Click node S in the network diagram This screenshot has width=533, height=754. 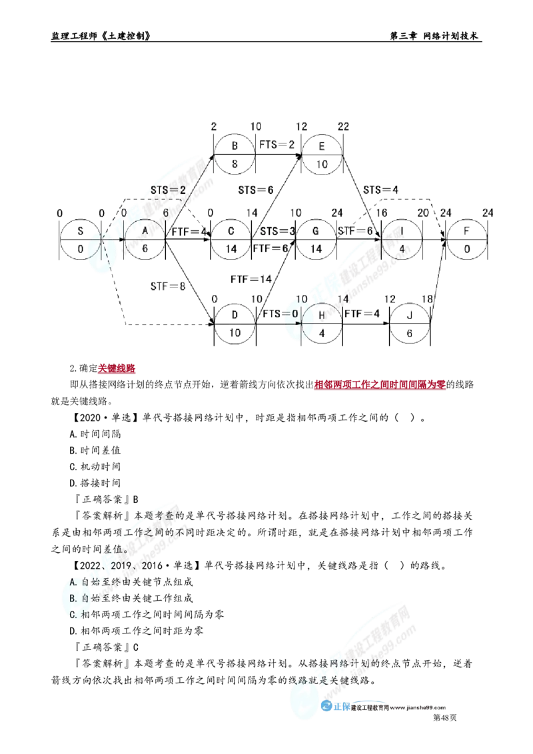[x=80, y=239]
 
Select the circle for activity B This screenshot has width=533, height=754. [x=235, y=155]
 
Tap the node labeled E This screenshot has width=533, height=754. [x=322, y=155]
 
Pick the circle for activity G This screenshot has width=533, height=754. [x=316, y=239]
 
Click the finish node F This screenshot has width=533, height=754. [x=466, y=239]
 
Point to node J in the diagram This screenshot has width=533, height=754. [x=409, y=324]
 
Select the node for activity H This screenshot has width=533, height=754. [x=322, y=324]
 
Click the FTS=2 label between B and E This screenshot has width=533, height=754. [x=276, y=145]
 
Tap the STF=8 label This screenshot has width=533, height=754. [x=167, y=286]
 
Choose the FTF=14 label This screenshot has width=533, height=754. [x=251, y=279]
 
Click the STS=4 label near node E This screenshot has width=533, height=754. [x=380, y=189]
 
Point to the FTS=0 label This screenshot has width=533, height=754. [x=280, y=314]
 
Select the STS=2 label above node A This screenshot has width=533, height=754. [x=168, y=189]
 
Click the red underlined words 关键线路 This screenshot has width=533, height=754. [x=117, y=368]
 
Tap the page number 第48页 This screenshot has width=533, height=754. [x=445, y=717]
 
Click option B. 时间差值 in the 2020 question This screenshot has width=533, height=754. [x=95, y=450]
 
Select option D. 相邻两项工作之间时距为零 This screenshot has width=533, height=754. [x=136, y=630]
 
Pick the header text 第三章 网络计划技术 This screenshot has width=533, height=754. [x=434, y=35]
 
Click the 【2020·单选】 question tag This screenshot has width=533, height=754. [x=105, y=418]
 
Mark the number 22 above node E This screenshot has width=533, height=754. [x=343, y=127]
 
